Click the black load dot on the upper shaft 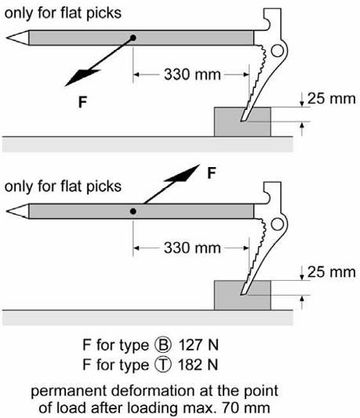[133, 38]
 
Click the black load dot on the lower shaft [133, 212]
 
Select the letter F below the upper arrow [82, 102]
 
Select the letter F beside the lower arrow [212, 173]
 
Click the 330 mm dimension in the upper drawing [192, 75]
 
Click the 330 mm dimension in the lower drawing [192, 248]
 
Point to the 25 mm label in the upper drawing [332, 99]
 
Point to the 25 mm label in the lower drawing [332, 272]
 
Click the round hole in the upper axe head [278, 51]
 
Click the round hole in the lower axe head [278, 224]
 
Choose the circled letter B [162, 345]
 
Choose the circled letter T [162, 365]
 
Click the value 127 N [198, 345]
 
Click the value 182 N [198, 365]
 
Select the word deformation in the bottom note [154, 391]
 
